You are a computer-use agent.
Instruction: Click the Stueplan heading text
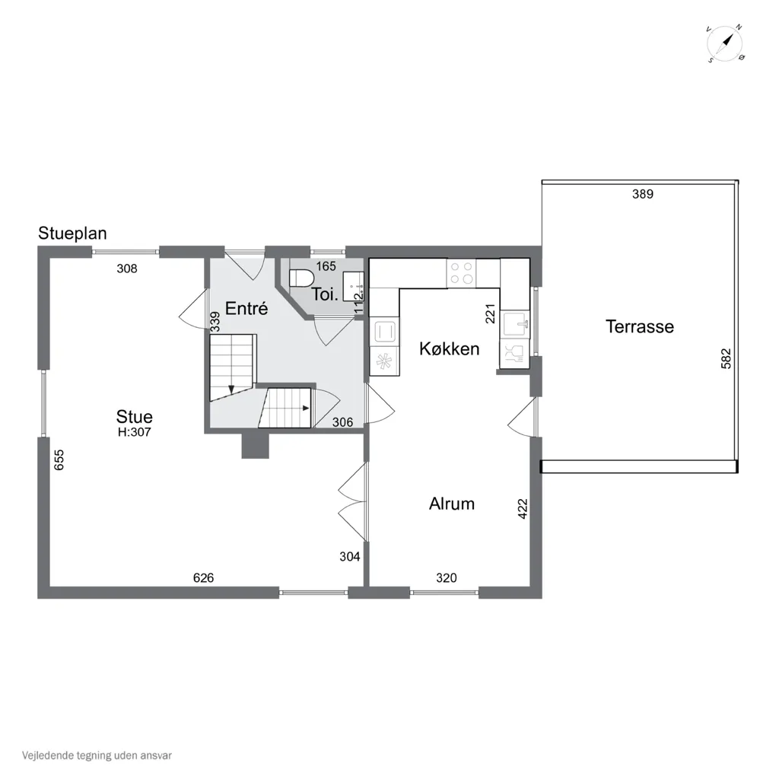[72, 234]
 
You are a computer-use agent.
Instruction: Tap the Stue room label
[134, 416]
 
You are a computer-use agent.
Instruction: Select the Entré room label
[246, 308]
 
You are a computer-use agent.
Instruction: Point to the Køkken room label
[449, 348]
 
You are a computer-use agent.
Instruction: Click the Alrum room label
[452, 504]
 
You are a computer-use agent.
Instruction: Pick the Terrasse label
[639, 326]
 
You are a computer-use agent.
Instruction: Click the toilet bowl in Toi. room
[301, 278]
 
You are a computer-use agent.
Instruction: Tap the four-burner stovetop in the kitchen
[462, 273]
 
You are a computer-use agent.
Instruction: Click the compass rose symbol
[725, 43]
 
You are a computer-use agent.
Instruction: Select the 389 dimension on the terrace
[642, 194]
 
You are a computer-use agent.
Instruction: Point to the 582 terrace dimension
[726, 358]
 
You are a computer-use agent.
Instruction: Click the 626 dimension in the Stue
[203, 577]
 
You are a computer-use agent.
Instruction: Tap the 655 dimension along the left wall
[59, 459]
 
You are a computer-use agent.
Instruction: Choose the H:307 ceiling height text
[134, 432]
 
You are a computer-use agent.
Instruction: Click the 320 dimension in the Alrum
[446, 577]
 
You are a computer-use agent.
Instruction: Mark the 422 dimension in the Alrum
[522, 509]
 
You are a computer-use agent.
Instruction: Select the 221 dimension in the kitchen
[491, 313]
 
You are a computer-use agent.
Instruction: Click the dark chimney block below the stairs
[255, 445]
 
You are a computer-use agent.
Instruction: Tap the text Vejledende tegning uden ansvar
[97, 755]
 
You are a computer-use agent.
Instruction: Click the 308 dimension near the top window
[127, 269]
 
